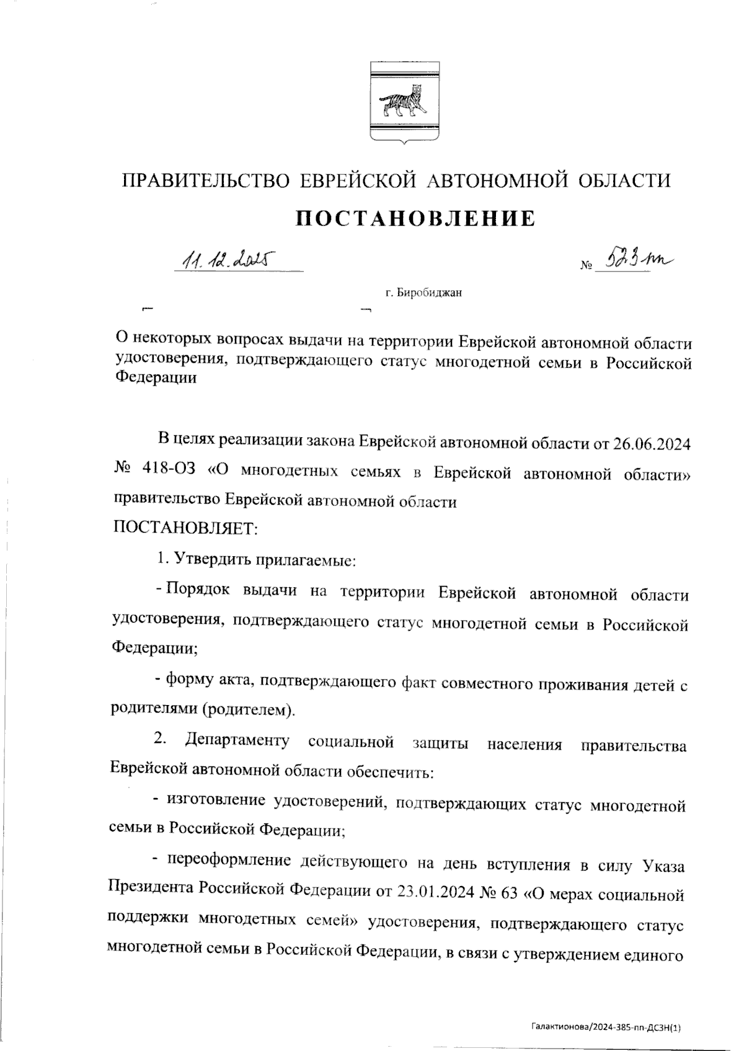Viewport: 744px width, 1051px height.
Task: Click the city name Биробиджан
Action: (432, 293)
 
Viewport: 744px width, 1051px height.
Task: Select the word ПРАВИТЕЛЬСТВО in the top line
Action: (205, 180)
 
